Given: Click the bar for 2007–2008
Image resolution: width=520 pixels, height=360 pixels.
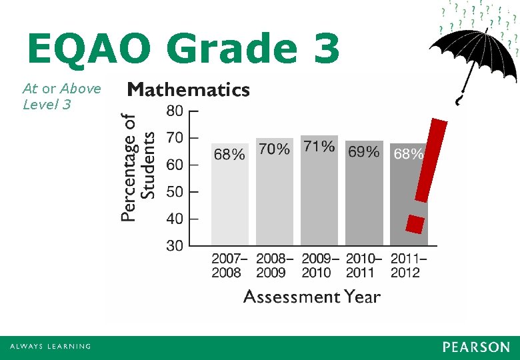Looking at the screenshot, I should pyautogui.click(x=230, y=200).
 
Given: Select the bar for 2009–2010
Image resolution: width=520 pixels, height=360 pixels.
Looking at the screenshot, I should pyautogui.click(x=319, y=197).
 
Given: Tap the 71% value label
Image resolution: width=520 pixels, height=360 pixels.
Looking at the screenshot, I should pyautogui.click(x=319, y=147).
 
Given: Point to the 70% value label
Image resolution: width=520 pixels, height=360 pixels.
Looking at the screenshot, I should pyautogui.click(x=274, y=150).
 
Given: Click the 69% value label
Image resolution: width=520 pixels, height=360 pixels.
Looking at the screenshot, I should pyautogui.click(x=364, y=153).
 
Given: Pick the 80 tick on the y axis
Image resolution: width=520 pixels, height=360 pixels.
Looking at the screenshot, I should pyautogui.click(x=175, y=111).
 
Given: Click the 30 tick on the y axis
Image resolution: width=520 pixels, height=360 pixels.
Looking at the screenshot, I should pyautogui.click(x=175, y=246).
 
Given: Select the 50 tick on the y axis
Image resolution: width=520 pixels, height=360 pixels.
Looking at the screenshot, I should pyautogui.click(x=175, y=192).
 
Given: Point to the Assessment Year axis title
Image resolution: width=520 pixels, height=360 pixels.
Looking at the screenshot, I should pyautogui.click(x=312, y=297).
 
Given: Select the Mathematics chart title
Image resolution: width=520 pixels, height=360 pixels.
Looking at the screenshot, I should pyautogui.click(x=189, y=90).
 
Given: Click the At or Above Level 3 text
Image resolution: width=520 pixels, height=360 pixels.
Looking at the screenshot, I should pyautogui.click(x=61, y=96).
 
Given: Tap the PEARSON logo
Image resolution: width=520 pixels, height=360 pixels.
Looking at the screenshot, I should pyautogui.click(x=475, y=347).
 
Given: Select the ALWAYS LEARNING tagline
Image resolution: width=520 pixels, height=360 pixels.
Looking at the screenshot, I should pyautogui.click(x=50, y=347).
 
